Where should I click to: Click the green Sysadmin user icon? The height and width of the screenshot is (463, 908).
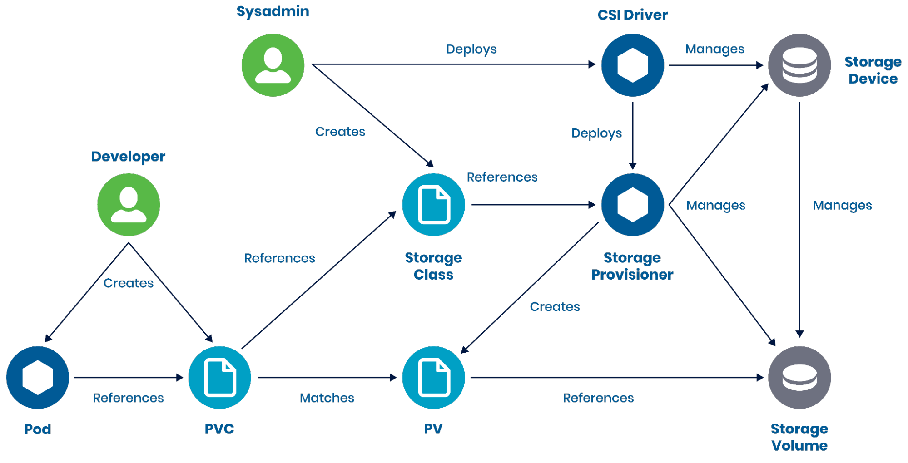pos(273,65)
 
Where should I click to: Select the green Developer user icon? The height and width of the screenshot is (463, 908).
pos(129,204)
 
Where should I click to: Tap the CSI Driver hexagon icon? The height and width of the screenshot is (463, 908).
pos(632,65)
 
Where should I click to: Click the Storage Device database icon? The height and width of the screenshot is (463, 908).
pos(799,65)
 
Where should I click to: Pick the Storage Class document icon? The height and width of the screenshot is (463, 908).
pos(433,204)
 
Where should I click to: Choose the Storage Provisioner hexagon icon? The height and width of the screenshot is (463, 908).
pos(632,204)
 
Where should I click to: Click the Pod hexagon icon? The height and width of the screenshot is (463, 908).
pos(38,377)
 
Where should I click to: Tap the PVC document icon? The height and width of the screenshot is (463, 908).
pos(219,377)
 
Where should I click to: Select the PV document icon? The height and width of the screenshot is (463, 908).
pos(433,377)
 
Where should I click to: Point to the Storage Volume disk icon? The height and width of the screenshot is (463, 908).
pos(799,377)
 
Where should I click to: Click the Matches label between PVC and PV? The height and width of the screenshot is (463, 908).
pos(327,398)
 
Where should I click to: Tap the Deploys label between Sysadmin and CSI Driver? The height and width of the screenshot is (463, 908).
pos(471,49)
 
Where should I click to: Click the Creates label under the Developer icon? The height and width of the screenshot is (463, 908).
pos(129,283)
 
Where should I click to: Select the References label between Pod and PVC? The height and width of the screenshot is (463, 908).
pos(128,398)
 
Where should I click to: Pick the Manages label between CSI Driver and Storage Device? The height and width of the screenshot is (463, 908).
pos(714,49)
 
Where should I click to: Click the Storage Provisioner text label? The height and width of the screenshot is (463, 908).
pos(632,266)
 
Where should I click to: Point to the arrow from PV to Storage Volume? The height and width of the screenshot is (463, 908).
pos(613,377)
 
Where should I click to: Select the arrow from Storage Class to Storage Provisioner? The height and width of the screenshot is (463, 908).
pos(531,205)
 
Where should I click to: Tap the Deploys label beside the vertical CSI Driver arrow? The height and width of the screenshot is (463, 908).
pos(596,133)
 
